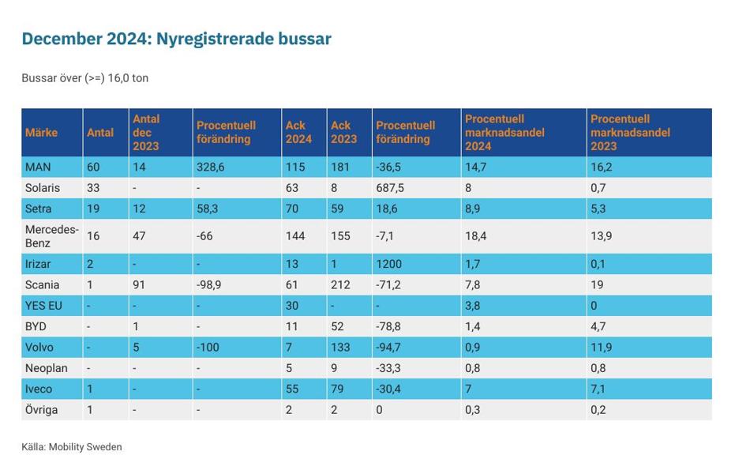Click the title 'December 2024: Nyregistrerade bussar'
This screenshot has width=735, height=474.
[x=176, y=39]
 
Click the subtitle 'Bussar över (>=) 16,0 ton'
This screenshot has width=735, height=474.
[x=85, y=78]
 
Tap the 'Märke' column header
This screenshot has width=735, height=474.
[x=41, y=133]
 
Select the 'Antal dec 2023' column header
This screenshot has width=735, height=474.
[x=146, y=133]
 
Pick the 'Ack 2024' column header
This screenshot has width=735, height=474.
[x=298, y=133]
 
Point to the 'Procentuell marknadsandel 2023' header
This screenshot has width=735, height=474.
[x=630, y=133]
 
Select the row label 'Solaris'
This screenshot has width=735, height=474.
[x=43, y=188]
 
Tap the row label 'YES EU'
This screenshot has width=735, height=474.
[x=45, y=306]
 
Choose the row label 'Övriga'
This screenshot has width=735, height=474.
[x=42, y=410]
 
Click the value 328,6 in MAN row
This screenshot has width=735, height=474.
[x=211, y=167]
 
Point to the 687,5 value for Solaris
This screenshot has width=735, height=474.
[x=390, y=188]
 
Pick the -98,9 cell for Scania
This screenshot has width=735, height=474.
[x=209, y=285]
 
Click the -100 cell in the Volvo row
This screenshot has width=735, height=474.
[x=208, y=348]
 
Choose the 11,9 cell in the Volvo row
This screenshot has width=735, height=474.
[x=601, y=348]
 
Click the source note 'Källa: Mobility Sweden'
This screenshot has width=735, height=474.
[x=72, y=447]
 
